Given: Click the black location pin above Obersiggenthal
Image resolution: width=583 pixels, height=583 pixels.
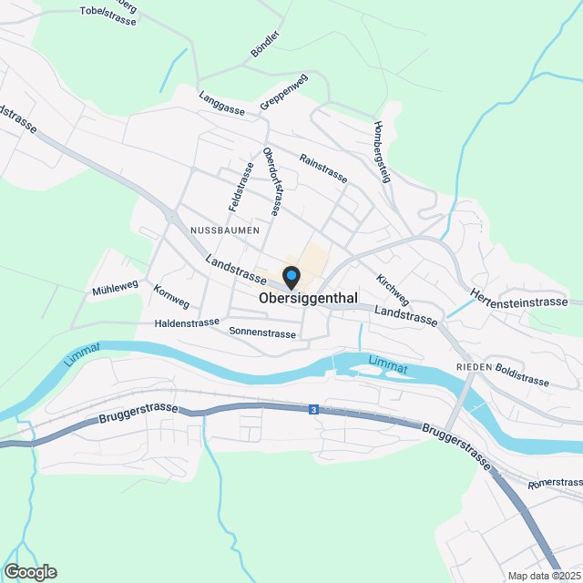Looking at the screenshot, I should (291, 275).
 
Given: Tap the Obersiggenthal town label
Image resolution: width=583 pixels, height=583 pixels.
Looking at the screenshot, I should (308, 298).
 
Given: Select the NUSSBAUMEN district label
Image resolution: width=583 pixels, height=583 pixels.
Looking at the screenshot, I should (225, 231).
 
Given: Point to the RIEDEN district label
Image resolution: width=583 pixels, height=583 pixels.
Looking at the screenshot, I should (475, 366).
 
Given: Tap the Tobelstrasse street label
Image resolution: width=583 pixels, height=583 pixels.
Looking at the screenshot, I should (107, 15).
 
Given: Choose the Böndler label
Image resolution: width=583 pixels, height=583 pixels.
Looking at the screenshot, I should (264, 45).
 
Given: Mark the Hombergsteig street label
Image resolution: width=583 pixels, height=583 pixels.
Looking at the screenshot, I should (381, 153).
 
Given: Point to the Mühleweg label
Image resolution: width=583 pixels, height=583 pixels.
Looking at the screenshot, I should (115, 291).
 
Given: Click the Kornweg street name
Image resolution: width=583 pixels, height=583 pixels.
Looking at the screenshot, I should (172, 297).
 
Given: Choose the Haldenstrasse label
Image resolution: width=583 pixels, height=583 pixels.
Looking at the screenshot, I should (187, 322).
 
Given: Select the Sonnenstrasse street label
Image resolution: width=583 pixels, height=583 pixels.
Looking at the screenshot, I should (262, 333).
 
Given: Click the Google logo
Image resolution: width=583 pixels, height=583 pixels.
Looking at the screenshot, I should (29, 572).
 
